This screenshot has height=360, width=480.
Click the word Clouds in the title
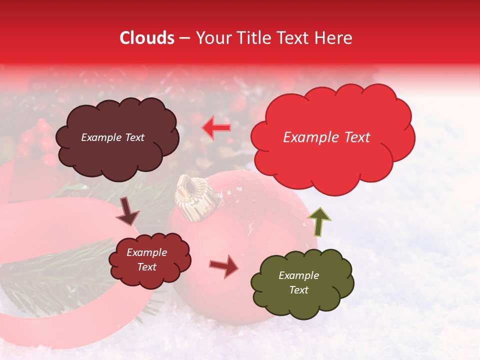147,38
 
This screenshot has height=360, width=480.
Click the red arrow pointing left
216,127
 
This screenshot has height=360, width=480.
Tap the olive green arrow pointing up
319,221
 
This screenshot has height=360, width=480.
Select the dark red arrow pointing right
224,265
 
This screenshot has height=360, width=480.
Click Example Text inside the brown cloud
112,137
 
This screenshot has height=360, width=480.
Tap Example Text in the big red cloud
326,137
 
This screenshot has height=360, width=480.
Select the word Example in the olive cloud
298,275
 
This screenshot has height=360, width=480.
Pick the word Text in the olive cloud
298,290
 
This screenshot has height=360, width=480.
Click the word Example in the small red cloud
146,252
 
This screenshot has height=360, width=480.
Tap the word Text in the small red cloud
146,267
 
